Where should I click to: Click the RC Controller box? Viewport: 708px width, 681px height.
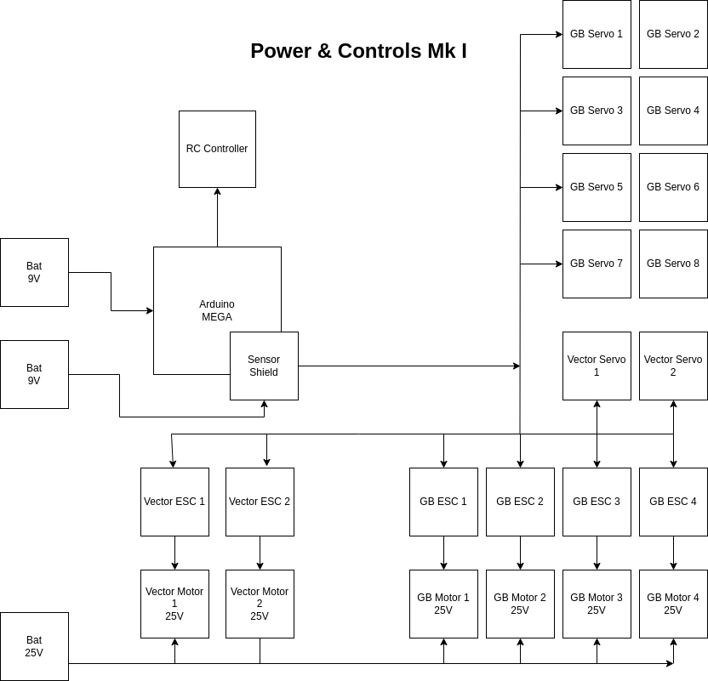coord(217,149)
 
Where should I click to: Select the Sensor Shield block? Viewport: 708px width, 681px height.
coord(264,366)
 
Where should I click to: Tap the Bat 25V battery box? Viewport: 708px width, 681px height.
coord(34,646)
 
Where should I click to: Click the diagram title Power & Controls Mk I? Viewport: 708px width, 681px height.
coord(358,51)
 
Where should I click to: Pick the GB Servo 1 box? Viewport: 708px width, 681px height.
coord(597,34)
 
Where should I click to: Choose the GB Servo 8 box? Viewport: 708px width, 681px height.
coord(673,264)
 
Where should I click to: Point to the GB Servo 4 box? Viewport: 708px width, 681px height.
coord(673,111)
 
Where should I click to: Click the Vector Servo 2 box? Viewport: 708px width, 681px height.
coord(673,366)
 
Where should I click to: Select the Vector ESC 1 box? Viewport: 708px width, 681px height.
coord(174,502)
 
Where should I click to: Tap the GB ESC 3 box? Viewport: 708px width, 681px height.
coord(597,502)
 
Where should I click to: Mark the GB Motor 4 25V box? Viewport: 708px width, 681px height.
coord(673,604)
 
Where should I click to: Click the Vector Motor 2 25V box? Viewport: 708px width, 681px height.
coord(260,604)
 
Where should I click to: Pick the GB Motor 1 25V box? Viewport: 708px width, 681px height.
coord(443,604)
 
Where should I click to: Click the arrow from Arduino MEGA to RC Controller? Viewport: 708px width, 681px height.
coord(217,217)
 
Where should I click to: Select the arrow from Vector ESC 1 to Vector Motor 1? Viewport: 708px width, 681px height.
coord(174,553)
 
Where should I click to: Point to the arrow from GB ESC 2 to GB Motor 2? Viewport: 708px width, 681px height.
coord(520,553)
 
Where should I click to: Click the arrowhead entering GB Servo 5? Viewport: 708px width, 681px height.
coord(558,187)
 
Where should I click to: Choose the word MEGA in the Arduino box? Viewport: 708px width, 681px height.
coord(217,317)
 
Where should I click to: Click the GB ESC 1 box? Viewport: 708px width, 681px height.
coord(443,502)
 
